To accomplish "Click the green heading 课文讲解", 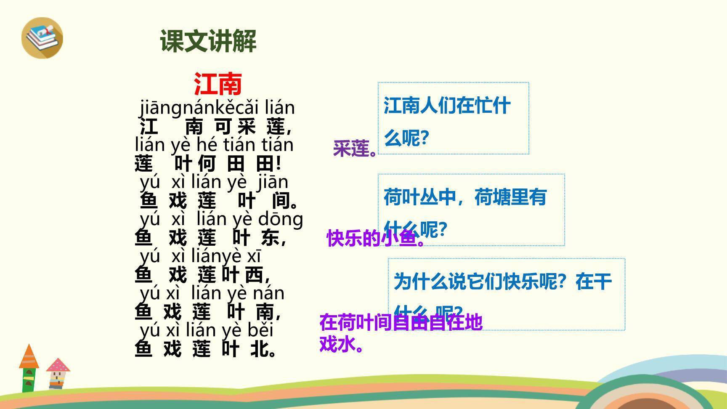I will tap(208, 41).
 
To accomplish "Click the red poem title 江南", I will tap(218, 84).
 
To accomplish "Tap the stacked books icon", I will tap(42, 37).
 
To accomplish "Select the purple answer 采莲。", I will tap(355, 149).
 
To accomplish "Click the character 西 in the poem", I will tap(254, 275).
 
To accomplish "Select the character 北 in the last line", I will tap(259, 349).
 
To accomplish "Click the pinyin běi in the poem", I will tap(260, 330).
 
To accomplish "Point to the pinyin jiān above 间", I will tap(273, 182).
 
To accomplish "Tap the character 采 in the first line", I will tap(247, 126).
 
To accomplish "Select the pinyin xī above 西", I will tap(254, 256).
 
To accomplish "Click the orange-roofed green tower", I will tap(29, 368).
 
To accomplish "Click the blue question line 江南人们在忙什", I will tap(447, 105).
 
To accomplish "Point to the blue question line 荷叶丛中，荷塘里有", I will tap(465, 197).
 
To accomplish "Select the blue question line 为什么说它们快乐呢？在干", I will tap(502, 281).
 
